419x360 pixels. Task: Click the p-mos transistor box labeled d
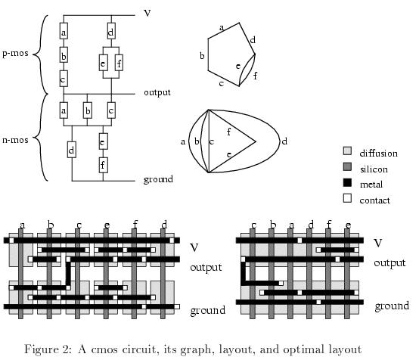pyautogui.click(x=111, y=31)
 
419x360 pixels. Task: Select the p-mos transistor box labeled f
pyautogui.click(x=119, y=63)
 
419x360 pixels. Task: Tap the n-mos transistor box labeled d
pyautogui.click(x=72, y=150)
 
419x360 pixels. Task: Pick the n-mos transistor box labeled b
pyautogui.click(x=88, y=110)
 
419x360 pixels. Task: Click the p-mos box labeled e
pyautogui.click(x=104, y=63)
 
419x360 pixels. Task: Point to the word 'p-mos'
pyautogui.click(x=15, y=53)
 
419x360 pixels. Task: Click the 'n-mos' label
pyautogui.click(x=15, y=140)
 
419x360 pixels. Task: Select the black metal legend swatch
pyautogui.click(x=347, y=182)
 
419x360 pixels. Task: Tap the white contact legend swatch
pyautogui.click(x=347, y=198)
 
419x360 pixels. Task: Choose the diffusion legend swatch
pyautogui.click(x=347, y=151)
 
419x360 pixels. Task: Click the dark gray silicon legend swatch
pyautogui.click(x=347, y=167)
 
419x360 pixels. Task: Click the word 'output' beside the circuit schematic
pyautogui.click(x=157, y=92)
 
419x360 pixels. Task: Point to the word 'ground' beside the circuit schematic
pyautogui.click(x=158, y=179)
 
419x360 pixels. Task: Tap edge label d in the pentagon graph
pyautogui.click(x=253, y=40)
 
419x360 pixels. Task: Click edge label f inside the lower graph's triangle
pyautogui.click(x=228, y=132)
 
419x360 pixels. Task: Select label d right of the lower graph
pyautogui.click(x=284, y=141)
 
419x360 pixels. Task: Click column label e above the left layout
pyautogui.click(x=107, y=225)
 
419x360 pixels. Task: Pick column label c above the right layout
pyautogui.click(x=253, y=225)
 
